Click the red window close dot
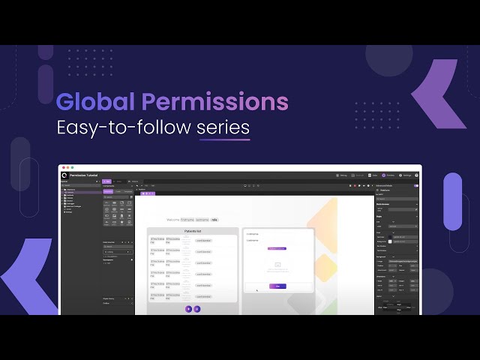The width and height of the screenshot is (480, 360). tap(63, 167)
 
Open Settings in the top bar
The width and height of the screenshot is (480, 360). tap(406, 175)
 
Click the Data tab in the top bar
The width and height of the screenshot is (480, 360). tap(373, 175)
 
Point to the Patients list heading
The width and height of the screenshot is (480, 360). tap(193, 232)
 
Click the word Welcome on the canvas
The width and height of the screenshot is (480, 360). tap(173, 220)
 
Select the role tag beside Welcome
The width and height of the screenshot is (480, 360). tap(214, 220)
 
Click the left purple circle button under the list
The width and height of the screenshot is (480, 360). tap(188, 308)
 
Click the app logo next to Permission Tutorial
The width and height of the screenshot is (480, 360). tap(65, 175)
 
